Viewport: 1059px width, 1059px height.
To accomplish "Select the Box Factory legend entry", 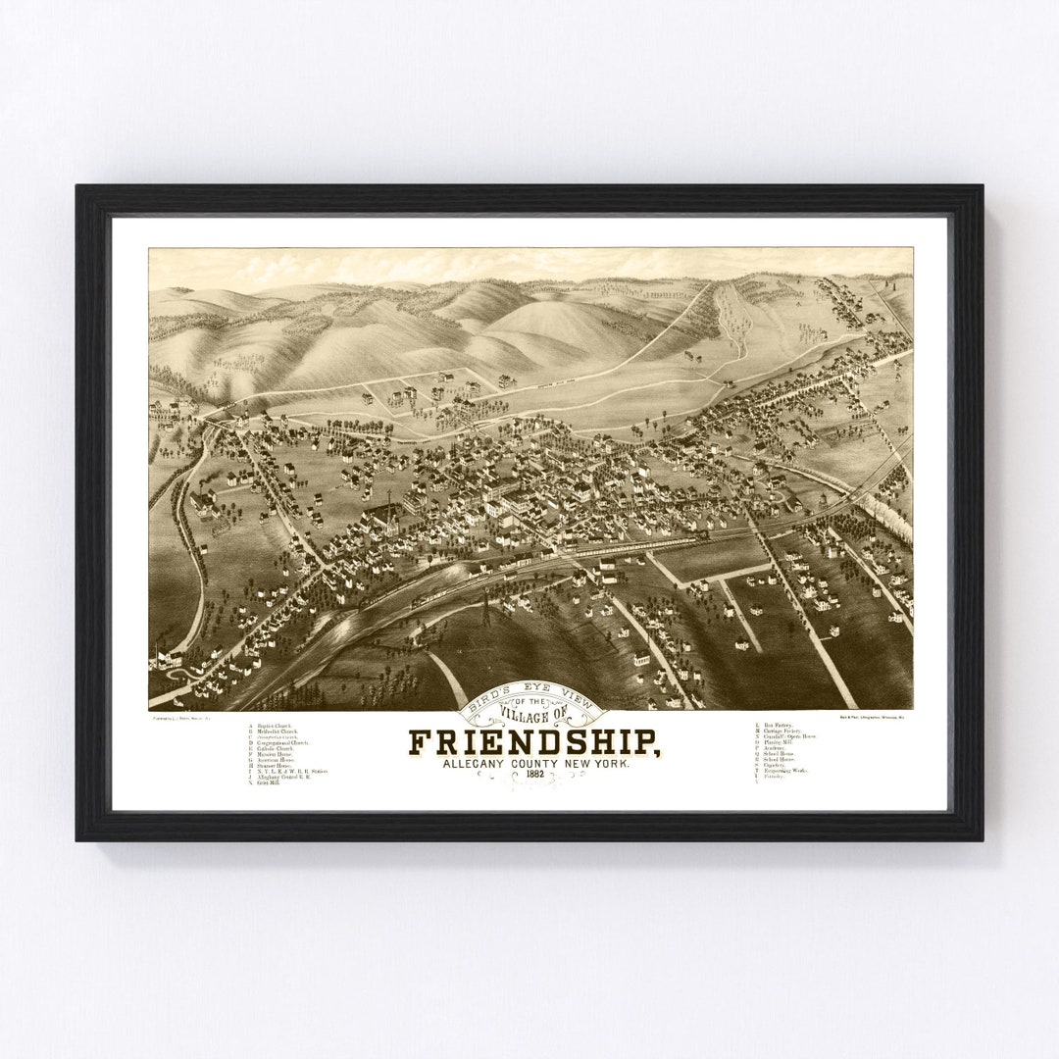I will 777,727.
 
